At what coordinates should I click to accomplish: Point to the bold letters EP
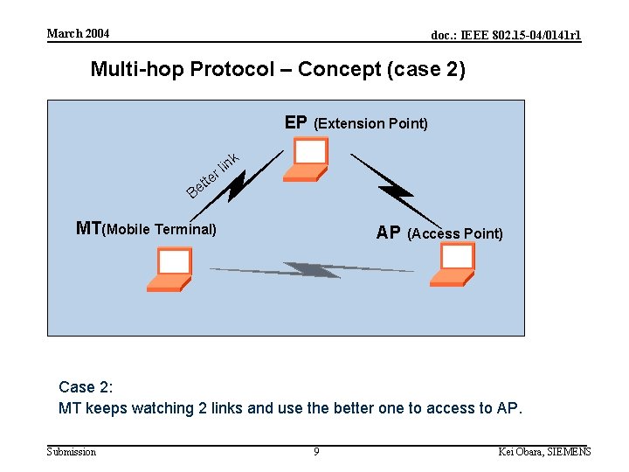pos(296,122)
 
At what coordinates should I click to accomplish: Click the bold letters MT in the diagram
pos(89,229)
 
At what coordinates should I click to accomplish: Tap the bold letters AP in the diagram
pos(389,233)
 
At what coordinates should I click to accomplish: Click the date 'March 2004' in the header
pos(79,33)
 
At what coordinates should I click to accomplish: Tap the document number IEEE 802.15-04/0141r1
pos(506,35)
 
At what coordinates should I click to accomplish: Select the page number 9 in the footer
pos(316,452)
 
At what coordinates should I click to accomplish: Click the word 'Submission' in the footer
pos(72,452)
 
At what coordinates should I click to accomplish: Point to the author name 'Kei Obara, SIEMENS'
pos(544,452)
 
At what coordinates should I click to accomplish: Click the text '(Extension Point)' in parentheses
pos(370,123)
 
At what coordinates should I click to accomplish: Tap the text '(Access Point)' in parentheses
pos(455,233)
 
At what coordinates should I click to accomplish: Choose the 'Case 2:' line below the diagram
pos(86,387)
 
